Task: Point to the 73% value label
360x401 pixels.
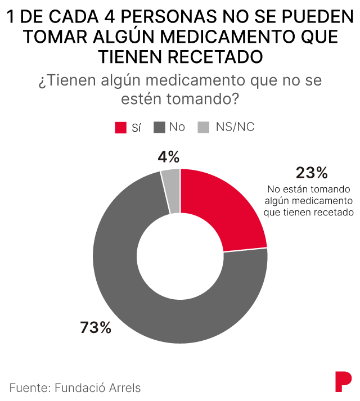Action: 96,327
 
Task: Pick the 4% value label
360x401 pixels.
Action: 168,156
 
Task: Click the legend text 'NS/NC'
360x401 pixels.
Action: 235,127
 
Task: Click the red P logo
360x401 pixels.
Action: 342,381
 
